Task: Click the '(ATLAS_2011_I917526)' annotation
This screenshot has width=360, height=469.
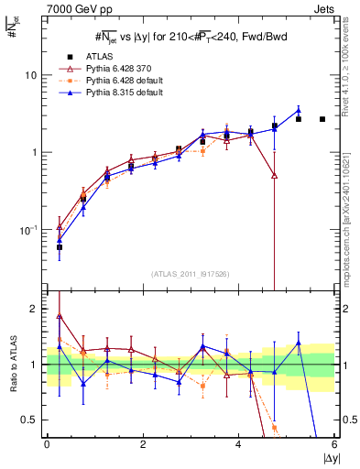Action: pyautogui.click(x=191, y=274)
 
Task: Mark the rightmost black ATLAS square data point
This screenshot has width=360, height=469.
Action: pyautogui.click(x=322, y=119)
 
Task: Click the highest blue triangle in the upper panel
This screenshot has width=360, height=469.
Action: pyautogui.click(x=298, y=111)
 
